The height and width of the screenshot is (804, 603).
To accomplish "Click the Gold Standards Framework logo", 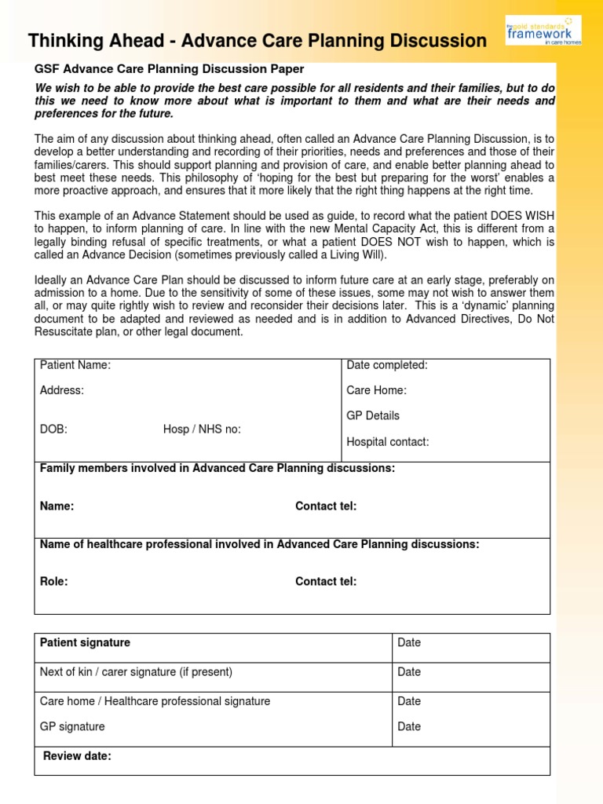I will pos(543,31).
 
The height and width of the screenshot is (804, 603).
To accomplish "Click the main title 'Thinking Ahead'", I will pos(258,41).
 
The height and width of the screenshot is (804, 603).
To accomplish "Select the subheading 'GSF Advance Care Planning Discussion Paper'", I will pos(169,69).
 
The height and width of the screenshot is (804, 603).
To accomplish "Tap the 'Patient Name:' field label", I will pos(75,365).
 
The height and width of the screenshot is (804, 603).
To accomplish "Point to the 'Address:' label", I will pos(62,390).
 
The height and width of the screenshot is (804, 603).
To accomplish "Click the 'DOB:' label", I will pos(53,429).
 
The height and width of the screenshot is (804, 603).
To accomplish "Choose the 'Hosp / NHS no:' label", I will pos(202,429).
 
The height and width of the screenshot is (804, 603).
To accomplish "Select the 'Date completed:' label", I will pos(387,365).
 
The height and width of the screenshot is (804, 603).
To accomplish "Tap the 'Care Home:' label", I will pos(376,390).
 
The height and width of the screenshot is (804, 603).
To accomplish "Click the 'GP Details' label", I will pos(373,415).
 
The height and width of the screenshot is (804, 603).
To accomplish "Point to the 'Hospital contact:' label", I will pos(388,442).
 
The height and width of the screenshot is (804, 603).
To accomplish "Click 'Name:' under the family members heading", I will pos(57,506).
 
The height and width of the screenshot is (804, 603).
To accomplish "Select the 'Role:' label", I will pos(54,582).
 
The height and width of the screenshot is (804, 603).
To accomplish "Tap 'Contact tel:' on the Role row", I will pos(326,582).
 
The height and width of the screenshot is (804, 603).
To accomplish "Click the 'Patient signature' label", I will pos(86,643).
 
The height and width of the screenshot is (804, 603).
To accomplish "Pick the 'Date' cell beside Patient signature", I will pos(409,643).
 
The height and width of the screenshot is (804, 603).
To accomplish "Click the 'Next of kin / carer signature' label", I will pos(137,672).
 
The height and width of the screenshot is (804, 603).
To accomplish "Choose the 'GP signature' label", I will pos(72,727).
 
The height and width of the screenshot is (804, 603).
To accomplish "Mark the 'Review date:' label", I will pos(77,756).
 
